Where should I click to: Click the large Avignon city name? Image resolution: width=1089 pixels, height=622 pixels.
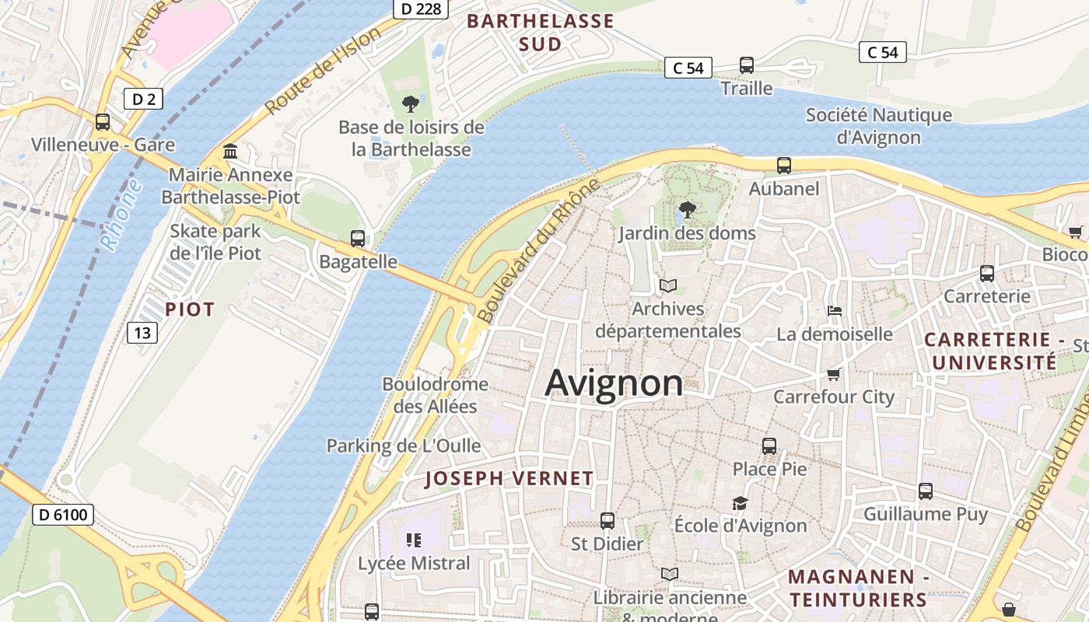[614, 383]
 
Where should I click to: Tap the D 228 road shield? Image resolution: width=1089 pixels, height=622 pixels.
[421, 9]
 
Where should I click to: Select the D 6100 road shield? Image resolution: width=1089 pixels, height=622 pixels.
[63, 514]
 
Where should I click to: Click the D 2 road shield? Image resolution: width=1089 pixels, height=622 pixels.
[143, 98]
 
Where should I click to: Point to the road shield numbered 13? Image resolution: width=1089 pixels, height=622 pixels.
[142, 333]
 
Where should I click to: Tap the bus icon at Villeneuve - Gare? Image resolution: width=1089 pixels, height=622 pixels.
[102, 122]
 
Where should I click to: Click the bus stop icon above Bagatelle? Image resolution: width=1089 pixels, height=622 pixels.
[358, 239]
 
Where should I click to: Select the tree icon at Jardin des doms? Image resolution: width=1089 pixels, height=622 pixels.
[687, 209]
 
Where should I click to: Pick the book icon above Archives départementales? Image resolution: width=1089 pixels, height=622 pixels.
[668, 285]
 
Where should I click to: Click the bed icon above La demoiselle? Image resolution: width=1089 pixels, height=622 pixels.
[835, 311]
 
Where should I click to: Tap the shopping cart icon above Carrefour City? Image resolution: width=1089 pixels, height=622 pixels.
[834, 374]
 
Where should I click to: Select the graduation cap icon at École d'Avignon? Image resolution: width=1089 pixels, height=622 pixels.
[740, 503]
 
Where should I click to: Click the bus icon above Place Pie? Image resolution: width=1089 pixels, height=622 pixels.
[769, 446]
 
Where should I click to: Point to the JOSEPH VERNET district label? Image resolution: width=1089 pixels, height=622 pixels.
[509, 479]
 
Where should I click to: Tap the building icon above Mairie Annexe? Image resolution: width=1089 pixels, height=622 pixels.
[230, 151]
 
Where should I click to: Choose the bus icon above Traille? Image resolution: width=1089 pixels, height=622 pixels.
[747, 65]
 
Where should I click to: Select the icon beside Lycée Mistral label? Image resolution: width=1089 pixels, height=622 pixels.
[413, 540]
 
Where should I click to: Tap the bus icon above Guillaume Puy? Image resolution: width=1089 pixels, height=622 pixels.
[926, 491]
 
